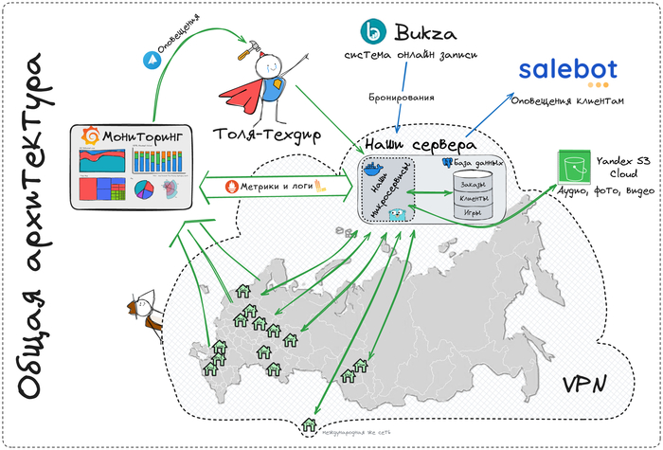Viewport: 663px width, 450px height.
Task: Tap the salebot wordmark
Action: tap(567, 68)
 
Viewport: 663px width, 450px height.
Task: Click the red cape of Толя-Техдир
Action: tap(242, 95)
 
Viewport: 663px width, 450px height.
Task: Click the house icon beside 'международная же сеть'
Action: tap(308, 426)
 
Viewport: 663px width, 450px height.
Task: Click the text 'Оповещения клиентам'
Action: tap(567, 101)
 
